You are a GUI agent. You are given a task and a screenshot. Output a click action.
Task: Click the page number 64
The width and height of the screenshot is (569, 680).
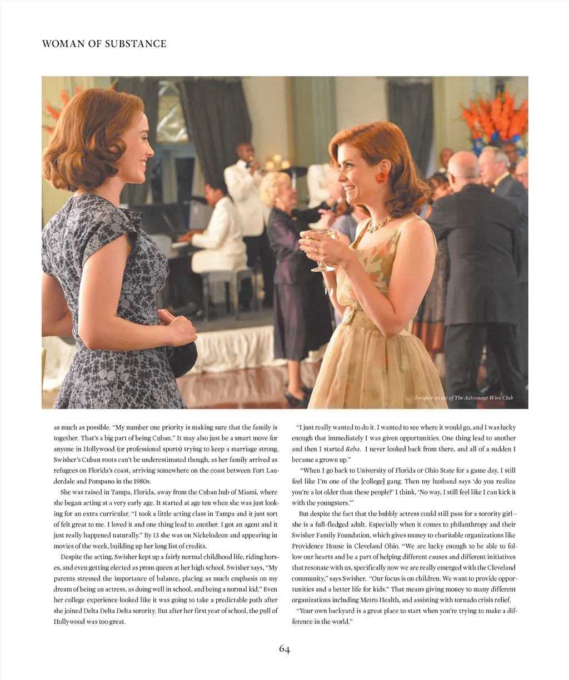point(284,649)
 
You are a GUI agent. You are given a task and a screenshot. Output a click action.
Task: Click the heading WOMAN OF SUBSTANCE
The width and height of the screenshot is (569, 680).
point(104,44)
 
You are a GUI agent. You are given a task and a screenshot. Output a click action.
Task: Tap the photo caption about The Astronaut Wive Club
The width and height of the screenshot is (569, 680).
point(463,398)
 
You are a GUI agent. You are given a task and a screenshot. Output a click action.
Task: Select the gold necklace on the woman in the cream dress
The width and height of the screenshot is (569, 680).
point(378,224)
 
